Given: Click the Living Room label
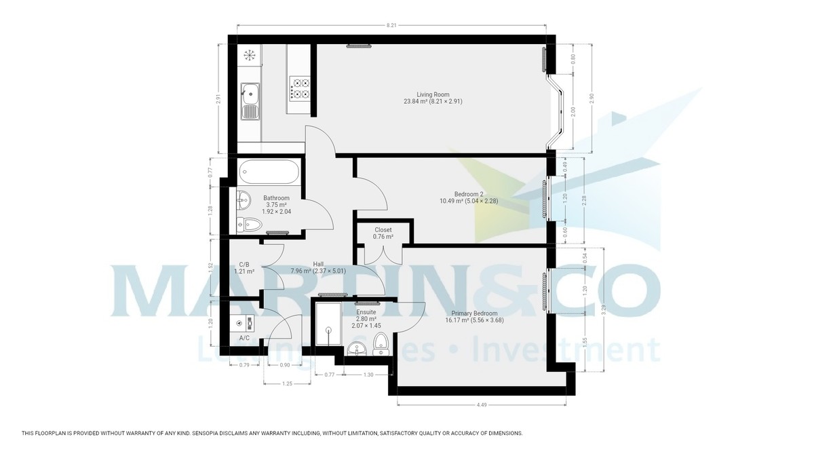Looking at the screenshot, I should [433, 94].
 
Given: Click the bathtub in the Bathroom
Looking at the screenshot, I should [269, 173].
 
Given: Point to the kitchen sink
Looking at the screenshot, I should [249, 91].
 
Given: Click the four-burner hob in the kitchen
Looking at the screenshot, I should [301, 87].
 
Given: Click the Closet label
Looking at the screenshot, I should [383, 230].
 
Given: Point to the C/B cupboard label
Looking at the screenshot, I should [244, 265].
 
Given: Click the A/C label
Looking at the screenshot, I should [244, 337].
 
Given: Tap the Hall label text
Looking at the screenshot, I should [318, 265].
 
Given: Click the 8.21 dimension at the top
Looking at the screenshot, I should [391, 25].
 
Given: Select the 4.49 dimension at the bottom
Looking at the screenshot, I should [481, 405].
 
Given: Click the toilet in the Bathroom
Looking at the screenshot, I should [250, 224].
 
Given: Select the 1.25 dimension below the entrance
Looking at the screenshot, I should [287, 384].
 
